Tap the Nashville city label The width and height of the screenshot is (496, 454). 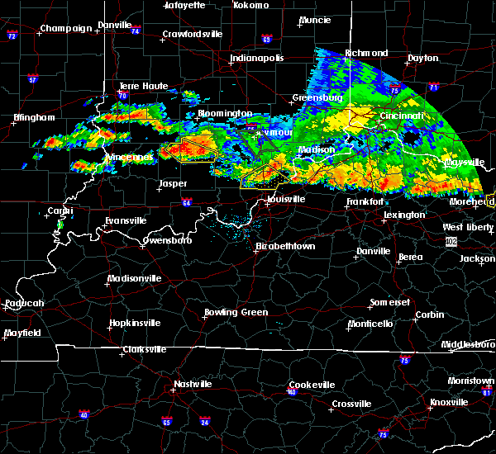(x=191, y=384)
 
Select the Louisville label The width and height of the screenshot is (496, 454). (x=287, y=201)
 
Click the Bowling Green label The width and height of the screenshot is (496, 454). (x=236, y=313)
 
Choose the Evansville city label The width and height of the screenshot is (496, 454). (x=126, y=220)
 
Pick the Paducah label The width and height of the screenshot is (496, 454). (x=24, y=303)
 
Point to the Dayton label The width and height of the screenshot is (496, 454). (x=423, y=59)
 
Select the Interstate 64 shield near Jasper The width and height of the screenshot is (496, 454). (x=187, y=202)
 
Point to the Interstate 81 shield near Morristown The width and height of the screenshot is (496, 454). (x=489, y=392)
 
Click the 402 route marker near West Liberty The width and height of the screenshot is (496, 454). (x=451, y=241)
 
